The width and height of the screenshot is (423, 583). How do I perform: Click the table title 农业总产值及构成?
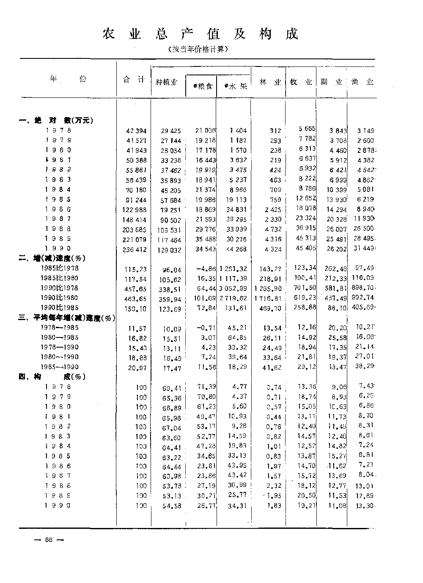click(x=200, y=34)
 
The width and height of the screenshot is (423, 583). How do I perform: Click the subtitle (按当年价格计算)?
click(x=198, y=49)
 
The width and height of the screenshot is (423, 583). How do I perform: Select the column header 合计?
click(x=133, y=80)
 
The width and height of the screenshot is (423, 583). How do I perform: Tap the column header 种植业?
click(x=166, y=82)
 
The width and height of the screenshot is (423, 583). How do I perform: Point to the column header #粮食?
click(x=202, y=86)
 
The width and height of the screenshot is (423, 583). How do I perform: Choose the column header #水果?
click(x=235, y=86)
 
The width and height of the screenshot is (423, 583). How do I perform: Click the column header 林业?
click(x=269, y=82)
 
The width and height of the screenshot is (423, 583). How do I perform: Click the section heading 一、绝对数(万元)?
click(x=56, y=120)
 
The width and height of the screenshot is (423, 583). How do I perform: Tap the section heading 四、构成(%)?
click(x=52, y=376)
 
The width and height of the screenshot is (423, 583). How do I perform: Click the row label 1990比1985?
click(x=60, y=308)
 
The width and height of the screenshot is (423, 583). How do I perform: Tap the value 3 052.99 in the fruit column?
click(x=233, y=288)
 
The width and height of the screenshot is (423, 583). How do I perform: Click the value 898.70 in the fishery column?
click(x=363, y=288)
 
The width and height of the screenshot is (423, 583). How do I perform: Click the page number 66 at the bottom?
click(x=48, y=539)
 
